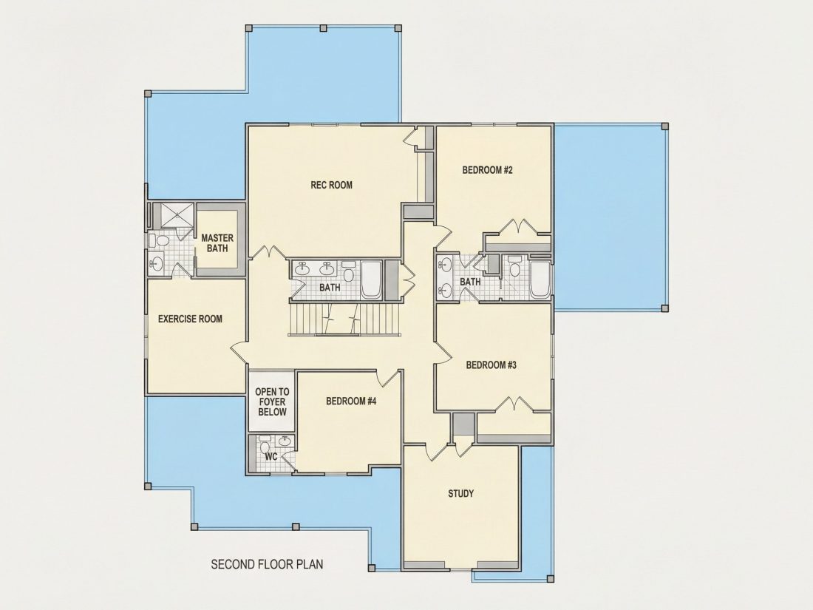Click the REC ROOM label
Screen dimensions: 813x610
pyautogui.click(x=331, y=185)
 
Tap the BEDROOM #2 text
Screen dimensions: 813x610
pyautogui.click(x=487, y=169)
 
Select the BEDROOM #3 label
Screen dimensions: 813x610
pyautogui.click(x=491, y=365)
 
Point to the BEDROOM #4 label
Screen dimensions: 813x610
pyautogui.click(x=351, y=401)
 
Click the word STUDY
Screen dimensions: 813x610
pyautogui.click(x=461, y=493)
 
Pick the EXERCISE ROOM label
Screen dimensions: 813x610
pyautogui.click(x=190, y=319)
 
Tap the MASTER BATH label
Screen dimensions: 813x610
pyautogui.click(x=217, y=243)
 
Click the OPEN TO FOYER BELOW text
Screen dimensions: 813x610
pyautogui.click(x=272, y=401)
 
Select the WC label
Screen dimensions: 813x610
pyautogui.click(x=271, y=456)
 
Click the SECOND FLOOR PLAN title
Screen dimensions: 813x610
pyautogui.click(x=267, y=564)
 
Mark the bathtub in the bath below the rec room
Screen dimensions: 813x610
pyautogui.click(x=371, y=280)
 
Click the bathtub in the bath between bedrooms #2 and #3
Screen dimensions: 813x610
pyautogui.click(x=540, y=280)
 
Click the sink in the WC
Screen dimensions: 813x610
pyautogui.click(x=284, y=441)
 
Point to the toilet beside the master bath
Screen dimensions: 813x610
pyautogui.click(x=160, y=241)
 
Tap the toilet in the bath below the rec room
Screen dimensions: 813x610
pyautogui.click(x=348, y=272)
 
